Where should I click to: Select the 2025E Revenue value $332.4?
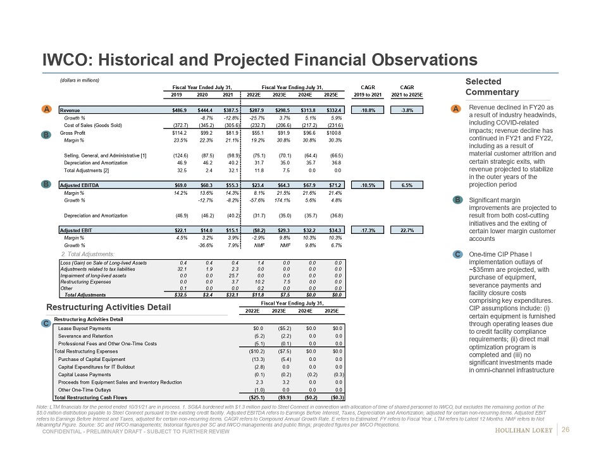(x=335, y=109)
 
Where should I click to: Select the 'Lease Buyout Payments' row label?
(x=84, y=328)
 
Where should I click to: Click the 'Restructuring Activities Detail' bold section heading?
(x=108, y=307)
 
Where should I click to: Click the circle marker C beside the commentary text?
(x=457, y=254)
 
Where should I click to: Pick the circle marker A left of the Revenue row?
(x=47, y=109)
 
